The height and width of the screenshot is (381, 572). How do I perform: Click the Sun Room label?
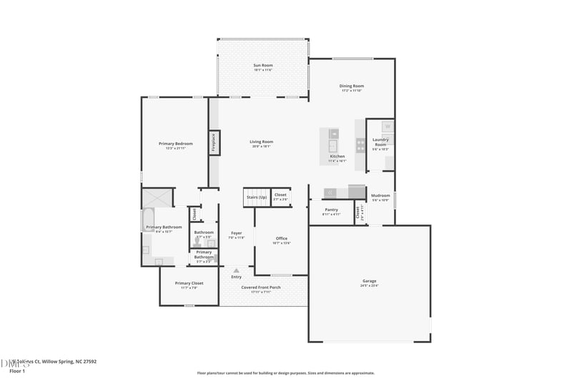(x=262, y=66)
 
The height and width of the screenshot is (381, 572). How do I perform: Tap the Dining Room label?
(x=351, y=86)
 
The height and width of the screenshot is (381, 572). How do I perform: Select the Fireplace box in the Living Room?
(x=213, y=142)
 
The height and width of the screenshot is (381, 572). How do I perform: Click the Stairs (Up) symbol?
(x=256, y=197)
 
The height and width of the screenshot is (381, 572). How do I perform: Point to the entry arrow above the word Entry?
(x=236, y=270)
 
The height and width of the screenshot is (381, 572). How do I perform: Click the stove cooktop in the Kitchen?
(x=360, y=145)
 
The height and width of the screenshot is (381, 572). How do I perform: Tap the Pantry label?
(x=330, y=209)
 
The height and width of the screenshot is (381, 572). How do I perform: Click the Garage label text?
(x=369, y=281)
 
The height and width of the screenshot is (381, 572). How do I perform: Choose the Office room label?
(x=281, y=238)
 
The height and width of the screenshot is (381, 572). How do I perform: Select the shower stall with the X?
(x=157, y=197)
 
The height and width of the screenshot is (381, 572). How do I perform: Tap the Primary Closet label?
(x=189, y=283)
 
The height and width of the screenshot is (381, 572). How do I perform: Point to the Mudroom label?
(x=380, y=195)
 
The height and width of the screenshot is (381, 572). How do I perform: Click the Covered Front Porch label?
(x=260, y=287)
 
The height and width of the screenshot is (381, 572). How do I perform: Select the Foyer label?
(x=236, y=232)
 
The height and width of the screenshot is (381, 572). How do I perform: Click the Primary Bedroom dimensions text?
(x=176, y=148)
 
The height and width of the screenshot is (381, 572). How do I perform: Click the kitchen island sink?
(x=333, y=146)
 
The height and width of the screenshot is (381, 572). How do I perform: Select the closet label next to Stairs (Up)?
(x=280, y=194)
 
